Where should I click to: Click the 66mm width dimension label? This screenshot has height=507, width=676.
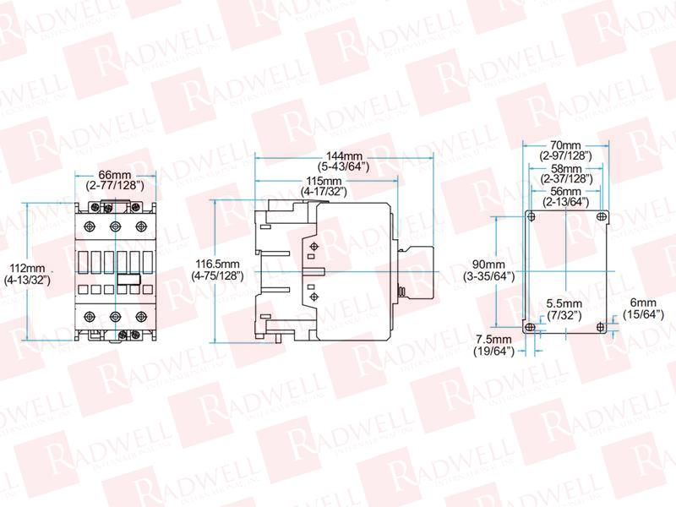click(115, 180)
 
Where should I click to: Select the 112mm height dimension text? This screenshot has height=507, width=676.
click(27, 274)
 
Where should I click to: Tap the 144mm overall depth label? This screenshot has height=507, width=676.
click(344, 161)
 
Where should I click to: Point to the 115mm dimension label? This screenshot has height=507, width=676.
click(324, 186)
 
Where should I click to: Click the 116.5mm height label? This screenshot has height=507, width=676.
click(217, 270)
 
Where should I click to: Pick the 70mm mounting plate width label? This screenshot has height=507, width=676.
click(565, 150)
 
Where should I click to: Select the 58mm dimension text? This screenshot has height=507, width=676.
click(566, 173)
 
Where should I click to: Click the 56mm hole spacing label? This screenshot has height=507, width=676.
click(565, 196)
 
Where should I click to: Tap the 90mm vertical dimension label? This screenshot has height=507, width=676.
click(489, 270)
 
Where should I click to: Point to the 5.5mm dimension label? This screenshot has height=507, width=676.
click(564, 309)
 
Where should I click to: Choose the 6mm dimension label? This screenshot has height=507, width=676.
click(643, 308)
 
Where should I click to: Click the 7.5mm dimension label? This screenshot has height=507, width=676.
click(494, 346)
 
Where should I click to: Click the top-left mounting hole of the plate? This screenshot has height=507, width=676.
click(532, 216)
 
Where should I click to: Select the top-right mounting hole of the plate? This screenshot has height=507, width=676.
click(601, 216)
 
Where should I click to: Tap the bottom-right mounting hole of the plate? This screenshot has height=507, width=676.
click(601, 327)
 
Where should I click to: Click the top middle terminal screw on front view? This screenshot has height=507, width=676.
click(115, 226)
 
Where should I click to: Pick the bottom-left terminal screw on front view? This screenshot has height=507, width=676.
click(90, 316)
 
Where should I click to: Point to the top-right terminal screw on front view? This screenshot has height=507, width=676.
click(140, 226)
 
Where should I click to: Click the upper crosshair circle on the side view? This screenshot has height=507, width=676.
click(314, 247)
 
